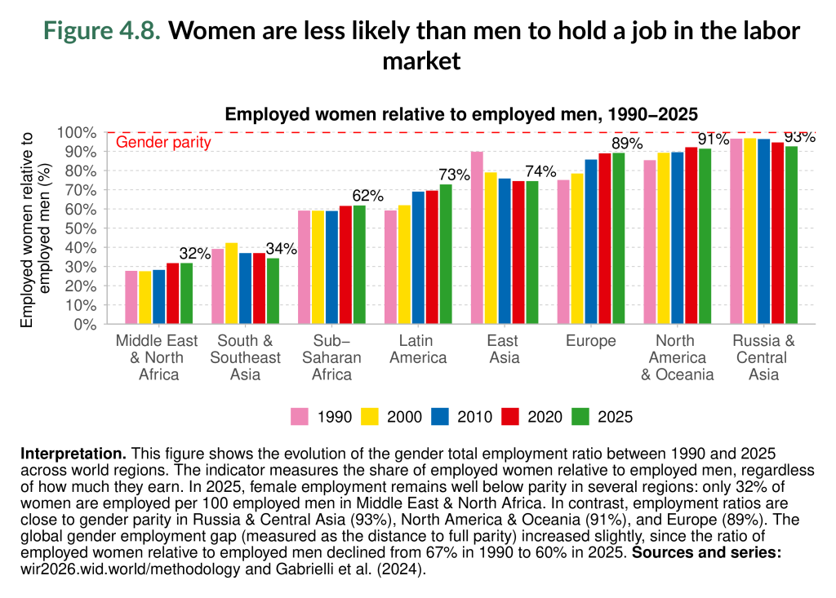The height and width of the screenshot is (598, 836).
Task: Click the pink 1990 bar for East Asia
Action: coord(477,237)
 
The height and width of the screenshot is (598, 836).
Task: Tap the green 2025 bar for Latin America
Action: coord(446,254)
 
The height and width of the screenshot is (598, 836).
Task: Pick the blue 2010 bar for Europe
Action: coord(591,241)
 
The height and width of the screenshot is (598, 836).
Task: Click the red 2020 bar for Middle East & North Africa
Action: coord(173,293)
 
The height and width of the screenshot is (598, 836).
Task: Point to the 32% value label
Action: coord(195,254)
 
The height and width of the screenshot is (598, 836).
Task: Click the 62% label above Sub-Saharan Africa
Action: coord(367,196)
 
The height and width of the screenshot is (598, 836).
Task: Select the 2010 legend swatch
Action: coord(442,417)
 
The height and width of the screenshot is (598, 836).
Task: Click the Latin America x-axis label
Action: coord(418,349)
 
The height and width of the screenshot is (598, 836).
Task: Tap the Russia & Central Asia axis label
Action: coord(763,357)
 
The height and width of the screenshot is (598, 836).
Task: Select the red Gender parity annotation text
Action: coord(163,142)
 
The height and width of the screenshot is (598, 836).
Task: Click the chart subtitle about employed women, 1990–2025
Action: coord(461,114)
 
